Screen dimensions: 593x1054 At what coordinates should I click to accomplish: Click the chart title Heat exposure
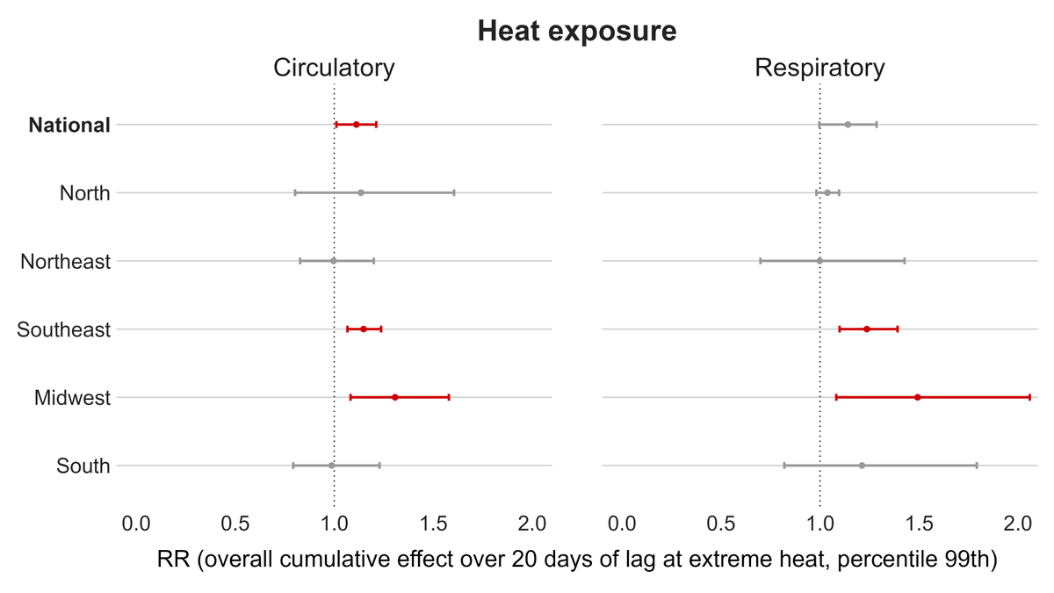click(577, 32)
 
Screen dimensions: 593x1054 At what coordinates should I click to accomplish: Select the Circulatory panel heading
click(334, 68)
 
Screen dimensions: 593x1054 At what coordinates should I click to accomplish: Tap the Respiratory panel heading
click(819, 68)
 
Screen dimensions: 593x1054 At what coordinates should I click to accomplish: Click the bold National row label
click(69, 126)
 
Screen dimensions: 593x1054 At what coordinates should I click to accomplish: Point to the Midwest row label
click(72, 398)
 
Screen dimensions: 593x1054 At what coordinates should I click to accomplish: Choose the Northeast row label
click(66, 262)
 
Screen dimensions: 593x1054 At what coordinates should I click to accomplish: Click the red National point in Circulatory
click(356, 125)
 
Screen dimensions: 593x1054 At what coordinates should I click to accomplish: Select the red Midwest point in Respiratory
click(917, 397)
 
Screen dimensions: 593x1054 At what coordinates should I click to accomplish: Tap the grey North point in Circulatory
click(360, 192)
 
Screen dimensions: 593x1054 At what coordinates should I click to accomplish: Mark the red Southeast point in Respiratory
click(866, 329)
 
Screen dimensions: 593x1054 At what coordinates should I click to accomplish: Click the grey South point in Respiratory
click(861, 466)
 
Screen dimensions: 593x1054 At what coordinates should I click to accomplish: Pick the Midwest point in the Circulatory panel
click(394, 397)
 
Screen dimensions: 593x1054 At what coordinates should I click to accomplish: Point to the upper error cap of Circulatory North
click(453, 192)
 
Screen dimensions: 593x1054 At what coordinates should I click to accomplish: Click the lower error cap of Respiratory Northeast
click(760, 261)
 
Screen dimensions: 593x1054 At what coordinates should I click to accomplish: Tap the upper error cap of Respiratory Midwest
click(1029, 397)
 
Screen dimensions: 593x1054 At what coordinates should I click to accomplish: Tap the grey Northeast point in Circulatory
click(333, 261)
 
